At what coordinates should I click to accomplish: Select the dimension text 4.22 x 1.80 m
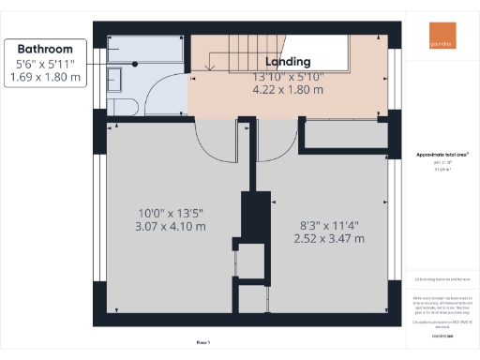(289, 90)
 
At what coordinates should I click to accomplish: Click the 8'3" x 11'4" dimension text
(323, 224)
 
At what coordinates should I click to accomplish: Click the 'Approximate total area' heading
(441, 153)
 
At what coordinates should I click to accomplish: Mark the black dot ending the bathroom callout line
(135, 64)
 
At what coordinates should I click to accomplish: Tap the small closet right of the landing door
(347, 134)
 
